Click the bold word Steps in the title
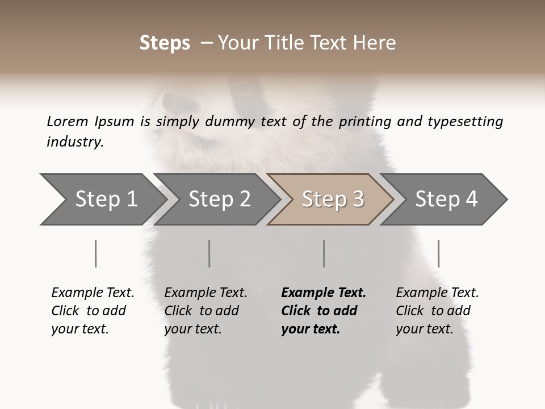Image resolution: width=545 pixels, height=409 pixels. point(165,43)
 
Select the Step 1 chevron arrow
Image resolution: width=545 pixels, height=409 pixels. point(102,199)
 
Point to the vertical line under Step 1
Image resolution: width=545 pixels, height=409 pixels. point(95,253)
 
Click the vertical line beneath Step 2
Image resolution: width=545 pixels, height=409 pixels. point(209,253)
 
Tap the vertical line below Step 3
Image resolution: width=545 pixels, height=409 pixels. point(324,253)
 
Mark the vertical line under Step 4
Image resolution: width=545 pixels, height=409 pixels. point(438,253)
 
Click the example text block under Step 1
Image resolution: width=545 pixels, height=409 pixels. point(93,311)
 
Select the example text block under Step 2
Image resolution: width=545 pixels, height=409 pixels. point(206,311)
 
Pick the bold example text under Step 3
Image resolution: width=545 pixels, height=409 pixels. point(324,311)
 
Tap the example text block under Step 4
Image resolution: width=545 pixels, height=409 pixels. point(437,311)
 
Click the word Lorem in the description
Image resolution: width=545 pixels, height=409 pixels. point(67,121)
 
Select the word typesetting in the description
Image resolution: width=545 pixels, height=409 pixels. point(465,122)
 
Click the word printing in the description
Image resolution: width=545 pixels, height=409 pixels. point(361,122)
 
